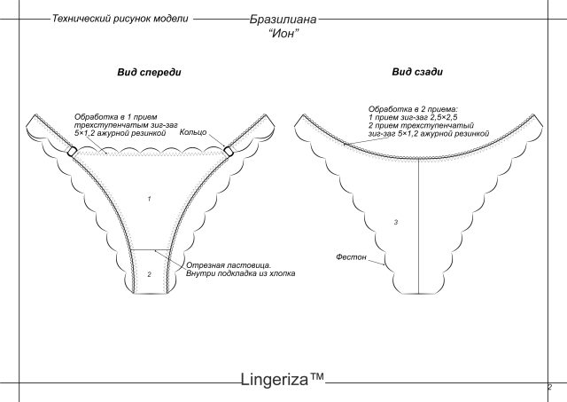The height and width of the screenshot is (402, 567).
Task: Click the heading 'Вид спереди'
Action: coord(149,72)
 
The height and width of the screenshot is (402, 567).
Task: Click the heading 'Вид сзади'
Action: coord(417,72)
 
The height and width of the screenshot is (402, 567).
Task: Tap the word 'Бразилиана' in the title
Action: coord(283,20)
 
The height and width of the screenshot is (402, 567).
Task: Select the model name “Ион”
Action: coord(283,34)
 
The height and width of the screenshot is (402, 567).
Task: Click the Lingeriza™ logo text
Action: coord(283,379)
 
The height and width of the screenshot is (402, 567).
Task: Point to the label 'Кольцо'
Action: coord(193,132)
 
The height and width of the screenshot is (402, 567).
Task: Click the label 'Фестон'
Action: coord(351,256)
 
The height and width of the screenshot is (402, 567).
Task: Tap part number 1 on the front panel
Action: coord(150,199)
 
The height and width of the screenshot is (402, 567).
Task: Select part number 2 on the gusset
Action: coord(150,274)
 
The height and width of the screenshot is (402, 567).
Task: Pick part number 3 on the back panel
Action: coord(396,222)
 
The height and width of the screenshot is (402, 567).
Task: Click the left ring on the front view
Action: coord(72,151)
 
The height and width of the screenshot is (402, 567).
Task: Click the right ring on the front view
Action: coord(229,152)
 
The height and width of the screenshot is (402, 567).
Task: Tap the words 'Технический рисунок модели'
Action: coord(120,19)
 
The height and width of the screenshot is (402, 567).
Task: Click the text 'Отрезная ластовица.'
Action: coord(229,265)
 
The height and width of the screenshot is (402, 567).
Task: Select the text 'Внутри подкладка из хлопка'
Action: coord(240,273)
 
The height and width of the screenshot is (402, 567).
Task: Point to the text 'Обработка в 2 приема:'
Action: coord(414,109)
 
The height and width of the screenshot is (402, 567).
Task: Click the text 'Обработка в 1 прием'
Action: coord(116,117)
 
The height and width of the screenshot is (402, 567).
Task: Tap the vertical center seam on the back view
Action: coord(418,226)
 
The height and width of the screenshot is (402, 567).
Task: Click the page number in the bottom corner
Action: coord(549,387)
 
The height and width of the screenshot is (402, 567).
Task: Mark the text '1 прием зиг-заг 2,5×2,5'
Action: coord(413,117)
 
